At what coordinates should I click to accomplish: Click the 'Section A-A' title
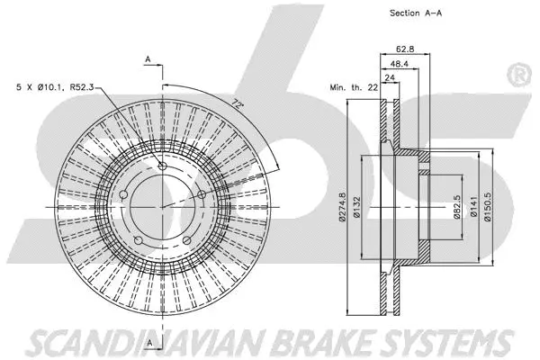(416, 13)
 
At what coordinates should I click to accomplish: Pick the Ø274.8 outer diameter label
(343, 207)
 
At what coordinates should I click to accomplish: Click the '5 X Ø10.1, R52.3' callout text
(54, 87)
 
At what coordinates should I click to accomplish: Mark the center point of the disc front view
(162, 206)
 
